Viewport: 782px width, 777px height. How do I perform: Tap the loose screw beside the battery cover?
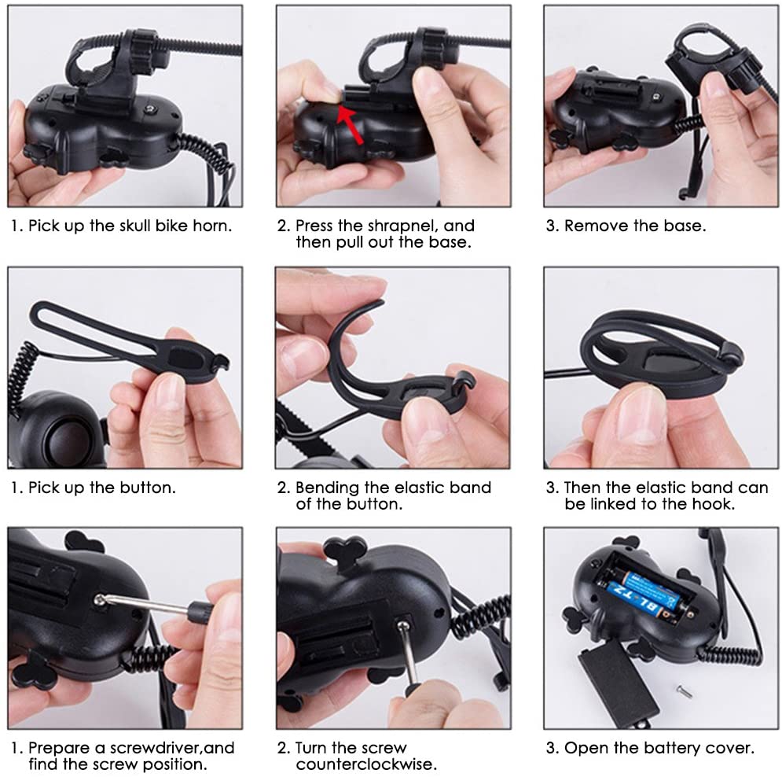[684, 691]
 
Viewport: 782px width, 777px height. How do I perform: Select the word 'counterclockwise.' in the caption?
[366, 764]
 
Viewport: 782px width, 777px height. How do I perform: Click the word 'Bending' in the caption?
[327, 488]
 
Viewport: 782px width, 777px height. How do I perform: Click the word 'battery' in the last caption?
[670, 748]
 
